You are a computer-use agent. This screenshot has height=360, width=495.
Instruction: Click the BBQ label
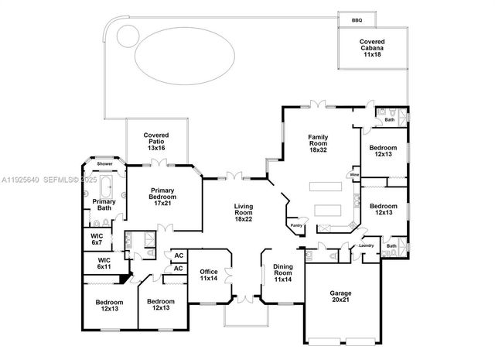[x=357, y=20]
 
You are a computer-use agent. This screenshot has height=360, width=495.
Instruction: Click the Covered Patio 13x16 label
[x=156, y=140]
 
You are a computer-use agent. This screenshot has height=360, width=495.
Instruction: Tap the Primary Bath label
[x=104, y=205]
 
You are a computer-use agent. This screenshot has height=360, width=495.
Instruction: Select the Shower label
[x=104, y=164]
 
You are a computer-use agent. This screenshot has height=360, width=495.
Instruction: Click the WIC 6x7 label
[x=97, y=239]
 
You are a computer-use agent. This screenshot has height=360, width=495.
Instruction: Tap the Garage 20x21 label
[x=341, y=297]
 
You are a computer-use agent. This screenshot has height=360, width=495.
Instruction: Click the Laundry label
[x=366, y=246]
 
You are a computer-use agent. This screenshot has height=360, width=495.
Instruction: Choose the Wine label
[x=354, y=176]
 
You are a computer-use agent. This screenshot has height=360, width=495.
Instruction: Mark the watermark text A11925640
[x=17, y=180]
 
